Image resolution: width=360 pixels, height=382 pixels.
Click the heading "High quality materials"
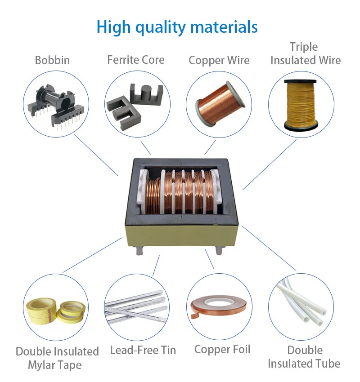click(x=177, y=27)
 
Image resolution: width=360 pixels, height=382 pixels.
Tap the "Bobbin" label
click(x=52, y=60)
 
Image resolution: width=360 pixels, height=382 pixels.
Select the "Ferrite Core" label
click(x=135, y=60)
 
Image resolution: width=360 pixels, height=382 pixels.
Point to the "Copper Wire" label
click(x=219, y=60)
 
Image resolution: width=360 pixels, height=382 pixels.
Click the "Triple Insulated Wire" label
click(x=305, y=53)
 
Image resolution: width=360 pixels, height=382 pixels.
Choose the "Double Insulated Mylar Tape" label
click(x=57, y=358)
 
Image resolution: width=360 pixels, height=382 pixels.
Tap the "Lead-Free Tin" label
click(x=143, y=350)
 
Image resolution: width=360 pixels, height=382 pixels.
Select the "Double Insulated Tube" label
click(x=304, y=357)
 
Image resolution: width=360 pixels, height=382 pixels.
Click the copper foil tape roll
click(x=219, y=306)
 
